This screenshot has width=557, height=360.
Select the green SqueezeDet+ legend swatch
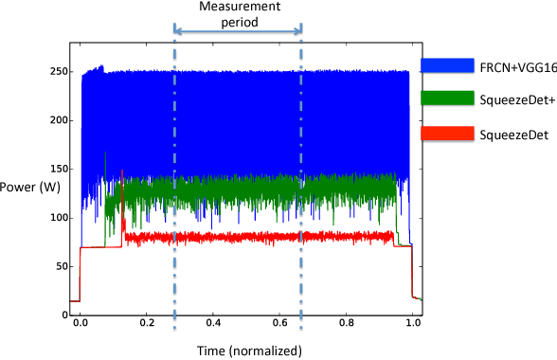(447, 97)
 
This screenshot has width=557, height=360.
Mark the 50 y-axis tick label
(62, 267)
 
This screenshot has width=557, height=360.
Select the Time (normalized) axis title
(249, 350)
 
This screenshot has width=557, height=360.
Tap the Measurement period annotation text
(237, 13)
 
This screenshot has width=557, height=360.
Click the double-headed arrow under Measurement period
(238, 31)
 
